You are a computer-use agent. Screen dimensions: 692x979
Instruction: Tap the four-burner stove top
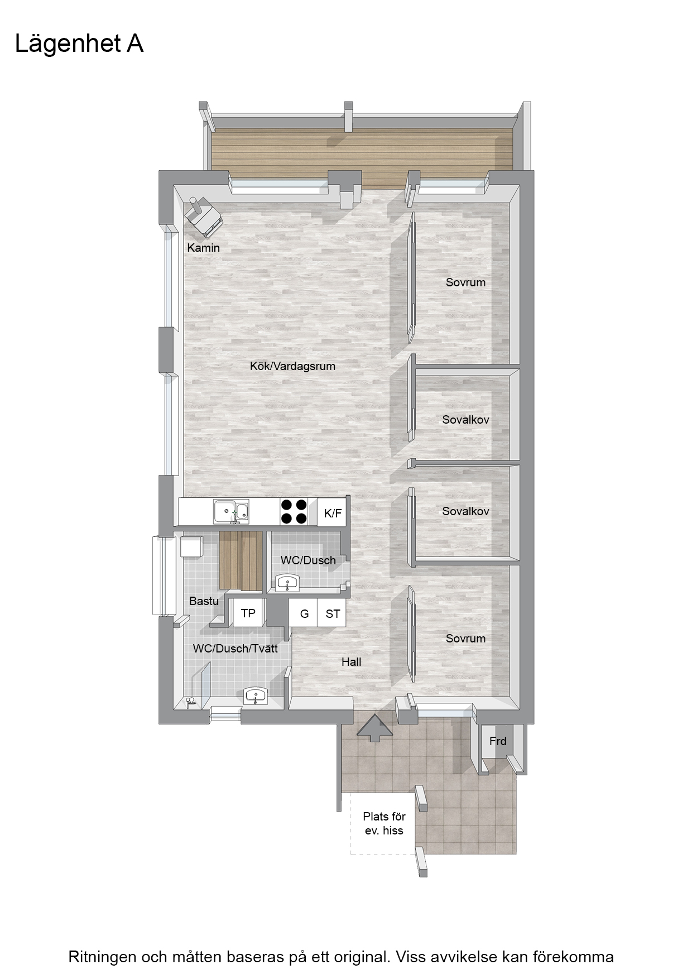pyautogui.click(x=294, y=511)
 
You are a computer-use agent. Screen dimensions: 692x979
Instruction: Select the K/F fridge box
pyautogui.click(x=332, y=512)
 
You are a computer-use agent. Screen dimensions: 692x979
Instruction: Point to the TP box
pyautogui.click(x=248, y=613)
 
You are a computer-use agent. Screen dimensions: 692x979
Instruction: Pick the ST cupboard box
pyautogui.click(x=332, y=613)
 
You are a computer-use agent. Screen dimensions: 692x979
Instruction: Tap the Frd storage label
pyautogui.click(x=498, y=741)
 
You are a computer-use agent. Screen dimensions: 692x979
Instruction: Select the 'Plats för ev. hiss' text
pyautogui.click(x=384, y=823)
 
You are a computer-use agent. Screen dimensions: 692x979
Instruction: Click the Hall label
pyautogui.click(x=352, y=662)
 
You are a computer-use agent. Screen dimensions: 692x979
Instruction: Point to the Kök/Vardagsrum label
pyautogui.click(x=292, y=366)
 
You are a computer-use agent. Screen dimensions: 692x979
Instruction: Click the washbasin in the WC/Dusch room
pyautogui.click(x=288, y=583)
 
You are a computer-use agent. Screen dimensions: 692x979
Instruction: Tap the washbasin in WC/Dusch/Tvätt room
pyautogui.click(x=256, y=696)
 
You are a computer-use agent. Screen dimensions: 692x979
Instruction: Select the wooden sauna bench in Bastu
pyautogui.click(x=241, y=560)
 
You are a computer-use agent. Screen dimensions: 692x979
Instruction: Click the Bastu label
pyautogui.click(x=204, y=601)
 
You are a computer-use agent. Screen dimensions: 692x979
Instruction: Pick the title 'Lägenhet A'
pyautogui.click(x=79, y=44)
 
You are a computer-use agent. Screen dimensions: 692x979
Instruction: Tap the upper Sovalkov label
pyautogui.click(x=465, y=419)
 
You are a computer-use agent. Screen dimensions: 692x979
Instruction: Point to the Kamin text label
pyautogui.click(x=203, y=247)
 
